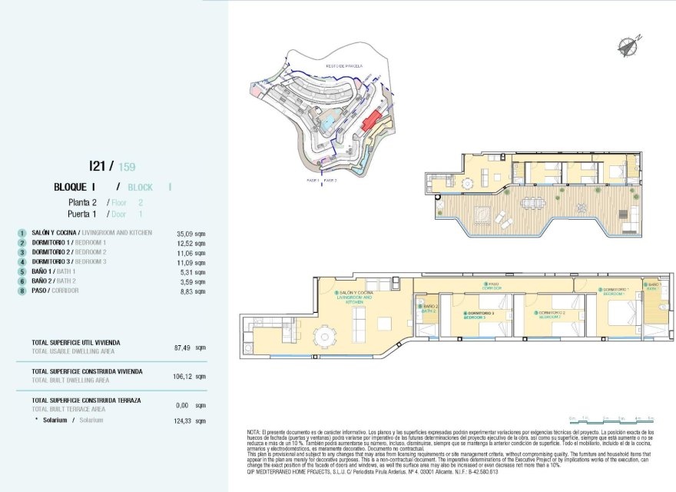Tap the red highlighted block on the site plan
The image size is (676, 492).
[373, 120]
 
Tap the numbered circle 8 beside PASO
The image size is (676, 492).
[22, 291]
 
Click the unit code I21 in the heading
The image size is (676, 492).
[95, 165]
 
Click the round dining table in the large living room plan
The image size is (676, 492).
[326, 335]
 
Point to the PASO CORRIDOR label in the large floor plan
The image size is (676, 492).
[491, 286]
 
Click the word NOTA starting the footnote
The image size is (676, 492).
[254, 434]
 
